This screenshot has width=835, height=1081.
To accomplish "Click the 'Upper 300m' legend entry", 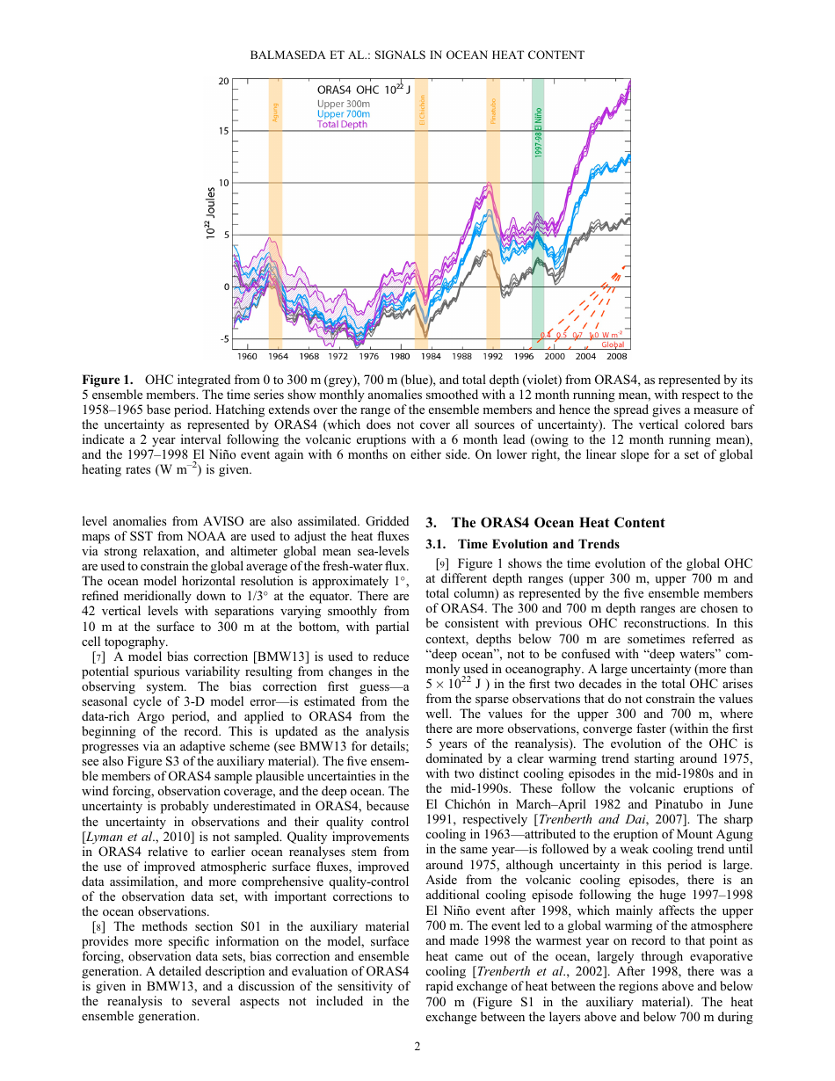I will pyautogui.click(x=344, y=104).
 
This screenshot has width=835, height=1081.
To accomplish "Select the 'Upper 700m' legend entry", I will pyautogui.click(x=344, y=114).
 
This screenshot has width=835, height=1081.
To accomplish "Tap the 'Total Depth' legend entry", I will pyautogui.click(x=343, y=125).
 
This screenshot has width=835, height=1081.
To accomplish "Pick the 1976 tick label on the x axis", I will pyautogui.click(x=369, y=357).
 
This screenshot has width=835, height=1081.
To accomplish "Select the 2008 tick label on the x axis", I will pyautogui.click(x=617, y=357).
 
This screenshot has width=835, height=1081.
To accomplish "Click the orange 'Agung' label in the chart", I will pyautogui.click(x=275, y=112).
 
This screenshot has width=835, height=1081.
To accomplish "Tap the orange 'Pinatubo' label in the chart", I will pyautogui.click(x=493, y=111).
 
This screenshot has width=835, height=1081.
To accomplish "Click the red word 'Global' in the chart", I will pyautogui.click(x=613, y=345).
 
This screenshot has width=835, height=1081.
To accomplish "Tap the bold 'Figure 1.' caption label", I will pyautogui.click(x=107, y=380).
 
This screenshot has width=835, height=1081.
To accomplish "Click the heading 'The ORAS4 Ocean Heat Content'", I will pyautogui.click(x=558, y=523).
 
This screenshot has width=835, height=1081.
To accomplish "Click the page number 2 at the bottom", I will pyautogui.click(x=417, y=1047).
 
